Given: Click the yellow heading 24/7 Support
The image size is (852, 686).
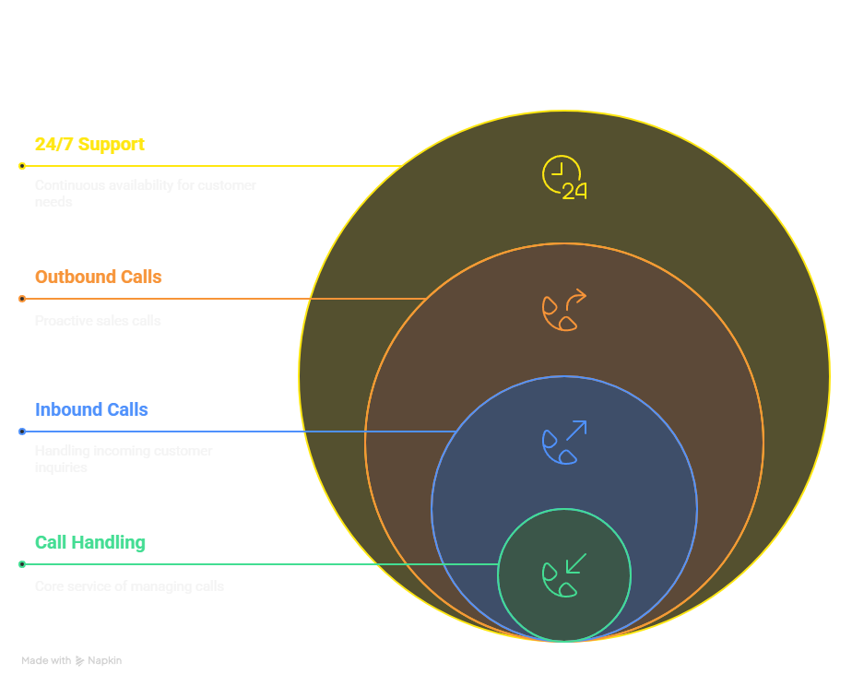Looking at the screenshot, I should (x=89, y=145).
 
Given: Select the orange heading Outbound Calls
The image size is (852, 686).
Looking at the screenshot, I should (x=98, y=278).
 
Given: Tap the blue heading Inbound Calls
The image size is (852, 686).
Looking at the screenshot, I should (x=91, y=410).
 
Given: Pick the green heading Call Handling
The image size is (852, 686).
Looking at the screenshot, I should (x=89, y=543).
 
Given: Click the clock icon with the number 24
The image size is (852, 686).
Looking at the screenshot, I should (x=563, y=178).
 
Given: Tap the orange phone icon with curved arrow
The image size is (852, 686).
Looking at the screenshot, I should (x=563, y=310).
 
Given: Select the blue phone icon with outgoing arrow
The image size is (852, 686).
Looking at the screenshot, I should (x=563, y=443).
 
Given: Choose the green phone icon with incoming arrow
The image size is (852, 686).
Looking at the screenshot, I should (x=563, y=575).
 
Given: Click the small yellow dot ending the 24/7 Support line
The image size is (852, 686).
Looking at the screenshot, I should (x=22, y=166).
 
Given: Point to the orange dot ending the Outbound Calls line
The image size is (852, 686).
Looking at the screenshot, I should (x=22, y=299).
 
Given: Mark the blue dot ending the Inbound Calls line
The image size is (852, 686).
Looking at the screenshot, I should (x=22, y=432).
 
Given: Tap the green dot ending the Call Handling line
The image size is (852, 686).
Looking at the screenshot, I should (x=22, y=564).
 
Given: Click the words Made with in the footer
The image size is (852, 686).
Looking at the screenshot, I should (x=46, y=661).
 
